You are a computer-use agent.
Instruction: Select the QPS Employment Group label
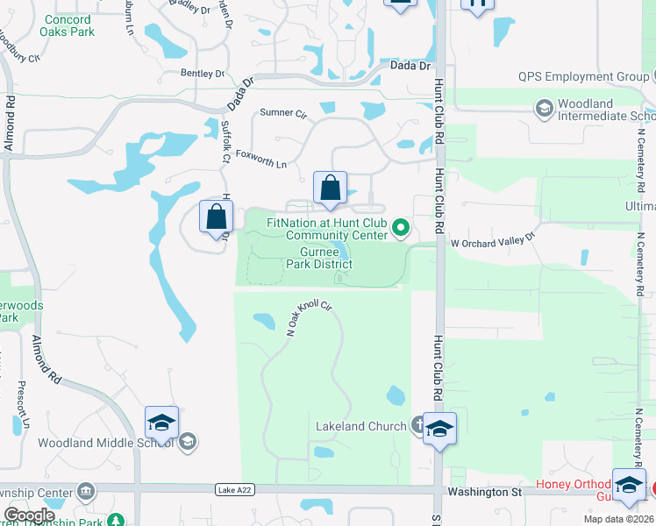coord(583,77)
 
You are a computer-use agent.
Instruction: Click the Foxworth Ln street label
coord(262,163)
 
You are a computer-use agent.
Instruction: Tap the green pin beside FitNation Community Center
coord(402,229)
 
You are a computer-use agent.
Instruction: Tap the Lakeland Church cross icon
coord(421,426)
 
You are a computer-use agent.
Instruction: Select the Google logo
coord(29,515)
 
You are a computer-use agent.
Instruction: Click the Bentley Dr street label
coord(203,75)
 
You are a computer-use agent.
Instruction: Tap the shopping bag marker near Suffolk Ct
coord(217,217)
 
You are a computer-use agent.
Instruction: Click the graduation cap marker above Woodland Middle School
coord(161,423)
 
